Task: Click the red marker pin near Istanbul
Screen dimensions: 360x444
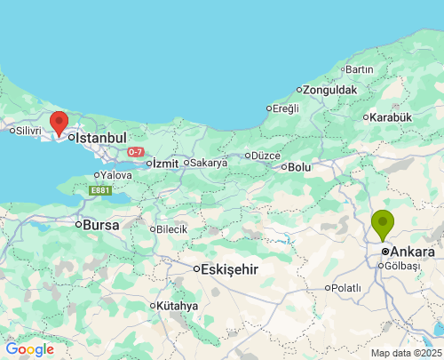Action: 59,123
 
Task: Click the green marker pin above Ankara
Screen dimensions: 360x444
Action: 383,223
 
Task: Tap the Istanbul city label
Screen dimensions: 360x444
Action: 101,138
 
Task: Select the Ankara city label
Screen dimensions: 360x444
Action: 412,252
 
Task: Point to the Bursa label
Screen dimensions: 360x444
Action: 101,225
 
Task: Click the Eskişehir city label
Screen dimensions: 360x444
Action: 230,268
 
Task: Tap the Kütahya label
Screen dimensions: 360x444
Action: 178,305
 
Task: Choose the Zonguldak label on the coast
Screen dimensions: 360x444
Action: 329,90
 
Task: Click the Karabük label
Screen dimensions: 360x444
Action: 392,116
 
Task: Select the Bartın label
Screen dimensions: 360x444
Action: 360,69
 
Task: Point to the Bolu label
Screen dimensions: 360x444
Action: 299,166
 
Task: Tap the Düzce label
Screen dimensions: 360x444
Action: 266,155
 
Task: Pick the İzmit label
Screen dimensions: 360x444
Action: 166,163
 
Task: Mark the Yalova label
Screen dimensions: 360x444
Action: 116,175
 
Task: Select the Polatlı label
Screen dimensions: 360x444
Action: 346,287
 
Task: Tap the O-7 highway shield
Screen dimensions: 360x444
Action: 135,152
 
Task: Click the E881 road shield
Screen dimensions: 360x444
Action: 100,189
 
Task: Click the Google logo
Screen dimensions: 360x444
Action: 29,349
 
